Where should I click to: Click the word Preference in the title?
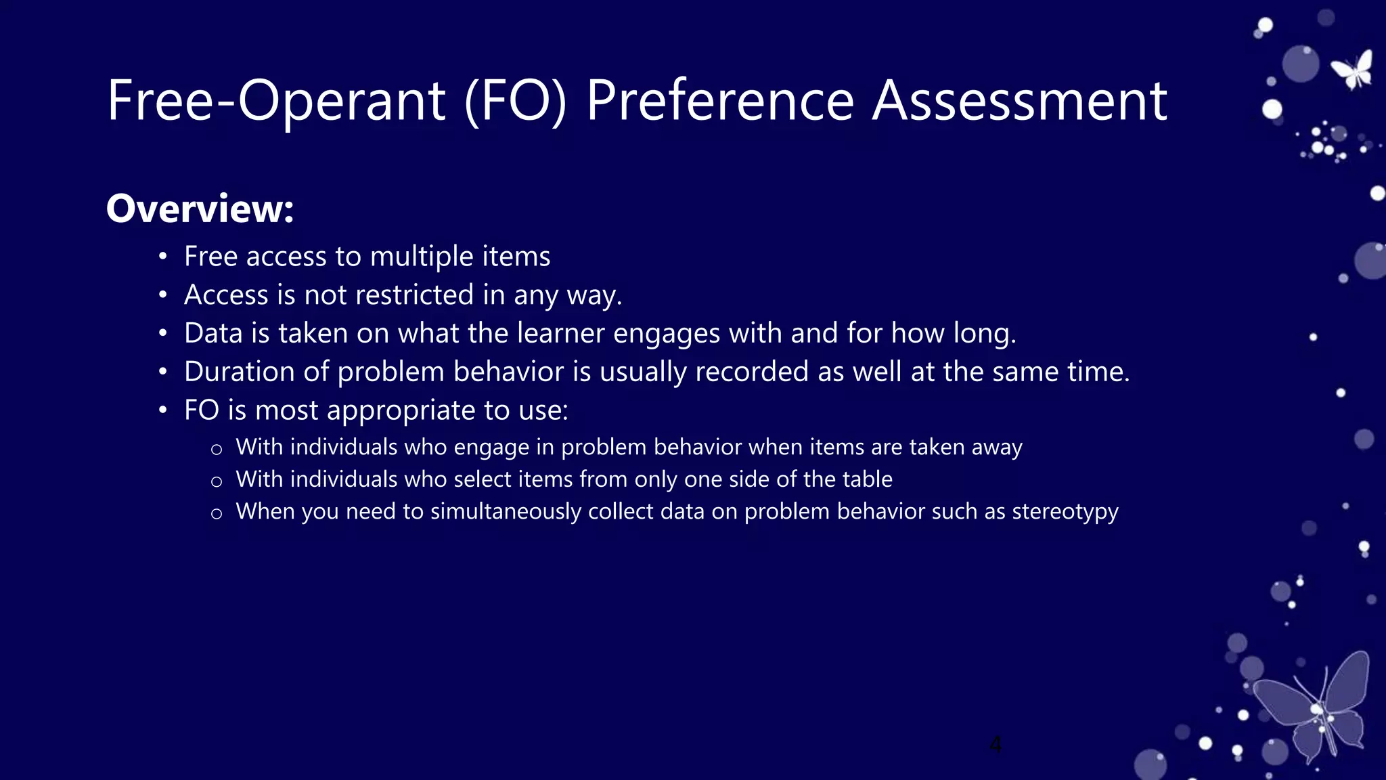click(x=720, y=102)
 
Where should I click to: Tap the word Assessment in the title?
click(x=1019, y=102)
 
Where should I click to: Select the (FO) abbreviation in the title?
click(x=515, y=102)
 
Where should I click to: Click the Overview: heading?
click(x=200, y=209)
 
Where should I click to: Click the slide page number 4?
click(x=995, y=744)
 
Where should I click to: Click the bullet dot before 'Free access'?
click(x=162, y=257)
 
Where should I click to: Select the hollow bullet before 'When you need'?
click(x=217, y=514)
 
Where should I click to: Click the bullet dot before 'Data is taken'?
click(x=162, y=334)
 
